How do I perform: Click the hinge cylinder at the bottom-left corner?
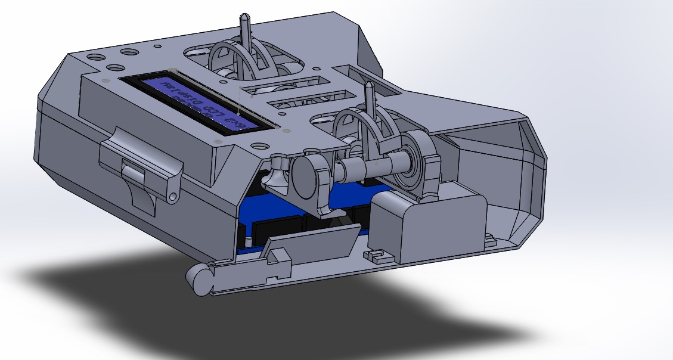pyautogui.click(x=200, y=278)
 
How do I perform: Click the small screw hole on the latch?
pyautogui.click(x=173, y=195)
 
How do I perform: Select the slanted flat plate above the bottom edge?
pyautogui.click(x=310, y=246)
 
